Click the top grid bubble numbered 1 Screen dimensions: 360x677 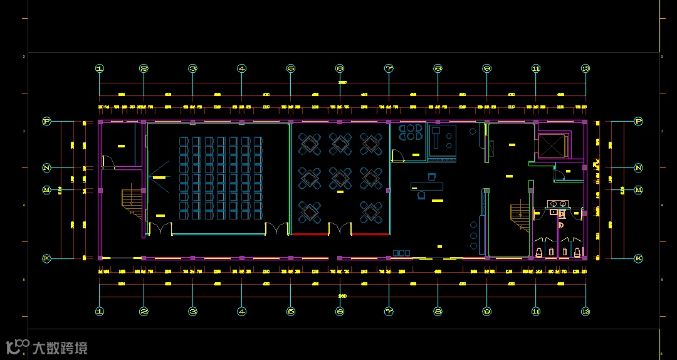point(99,68)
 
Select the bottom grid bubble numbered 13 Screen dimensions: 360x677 point(585,311)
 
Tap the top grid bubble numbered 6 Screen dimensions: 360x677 point(340,68)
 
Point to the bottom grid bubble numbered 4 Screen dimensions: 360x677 point(242,311)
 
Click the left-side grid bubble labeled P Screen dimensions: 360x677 point(46,121)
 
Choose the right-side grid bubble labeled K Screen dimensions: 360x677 point(639,258)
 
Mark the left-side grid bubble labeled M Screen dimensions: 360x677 point(46,189)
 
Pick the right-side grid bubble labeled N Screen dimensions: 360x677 point(639,168)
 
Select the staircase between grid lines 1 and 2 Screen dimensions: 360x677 point(131,201)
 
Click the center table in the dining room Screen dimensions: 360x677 point(340,178)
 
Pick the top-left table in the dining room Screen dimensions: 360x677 point(310,144)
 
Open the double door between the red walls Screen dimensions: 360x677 point(340,228)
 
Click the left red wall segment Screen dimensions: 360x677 point(310,234)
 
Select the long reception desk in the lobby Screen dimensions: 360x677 point(427,186)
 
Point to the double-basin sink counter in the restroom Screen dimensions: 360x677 point(558,204)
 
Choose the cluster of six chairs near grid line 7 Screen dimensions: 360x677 point(411,132)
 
